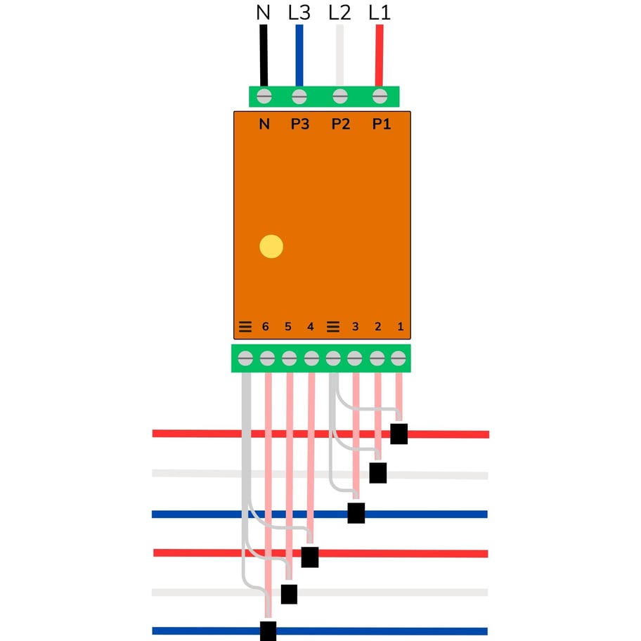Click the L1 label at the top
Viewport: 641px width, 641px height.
tap(380, 12)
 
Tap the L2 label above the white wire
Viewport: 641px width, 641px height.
tap(340, 12)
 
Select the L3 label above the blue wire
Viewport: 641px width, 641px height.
tap(299, 12)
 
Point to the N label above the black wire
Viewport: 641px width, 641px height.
tap(264, 12)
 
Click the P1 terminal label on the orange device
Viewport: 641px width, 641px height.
tap(381, 124)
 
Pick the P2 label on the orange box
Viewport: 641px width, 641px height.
tap(341, 124)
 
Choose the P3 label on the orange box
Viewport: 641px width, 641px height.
tap(300, 124)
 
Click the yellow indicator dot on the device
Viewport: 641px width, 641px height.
tap(271, 247)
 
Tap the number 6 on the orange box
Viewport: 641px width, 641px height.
tap(265, 327)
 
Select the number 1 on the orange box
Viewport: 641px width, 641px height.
tap(401, 327)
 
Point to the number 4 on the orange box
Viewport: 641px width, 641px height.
tap(311, 327)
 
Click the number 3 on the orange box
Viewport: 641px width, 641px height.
tap(355, 327)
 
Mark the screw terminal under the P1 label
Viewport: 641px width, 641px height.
tap(380, 96)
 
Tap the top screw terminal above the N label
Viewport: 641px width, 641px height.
tap(265, 96)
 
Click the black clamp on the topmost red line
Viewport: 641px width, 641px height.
tap(399, 434)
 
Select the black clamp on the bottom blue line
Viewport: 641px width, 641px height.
tap(268, 630)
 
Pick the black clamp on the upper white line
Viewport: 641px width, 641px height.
tap(378, 473)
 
